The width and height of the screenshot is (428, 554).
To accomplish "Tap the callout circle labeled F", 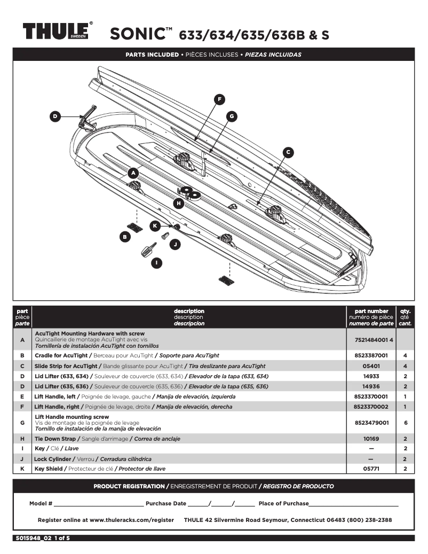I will (219, 99).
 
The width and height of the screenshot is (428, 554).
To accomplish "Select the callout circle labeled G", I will (231, 115).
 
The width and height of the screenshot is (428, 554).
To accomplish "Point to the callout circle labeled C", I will (288, 152).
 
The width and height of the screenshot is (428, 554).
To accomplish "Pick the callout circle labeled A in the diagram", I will (133, 173).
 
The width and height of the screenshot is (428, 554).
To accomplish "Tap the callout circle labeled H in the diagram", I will (179, 203).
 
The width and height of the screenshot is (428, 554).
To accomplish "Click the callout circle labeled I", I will (156, 262).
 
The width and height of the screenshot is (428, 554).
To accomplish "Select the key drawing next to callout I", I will (148, 249).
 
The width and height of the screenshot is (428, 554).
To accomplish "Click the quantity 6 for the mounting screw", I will (406, 422).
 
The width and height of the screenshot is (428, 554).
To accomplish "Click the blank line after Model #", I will (99, 503).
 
